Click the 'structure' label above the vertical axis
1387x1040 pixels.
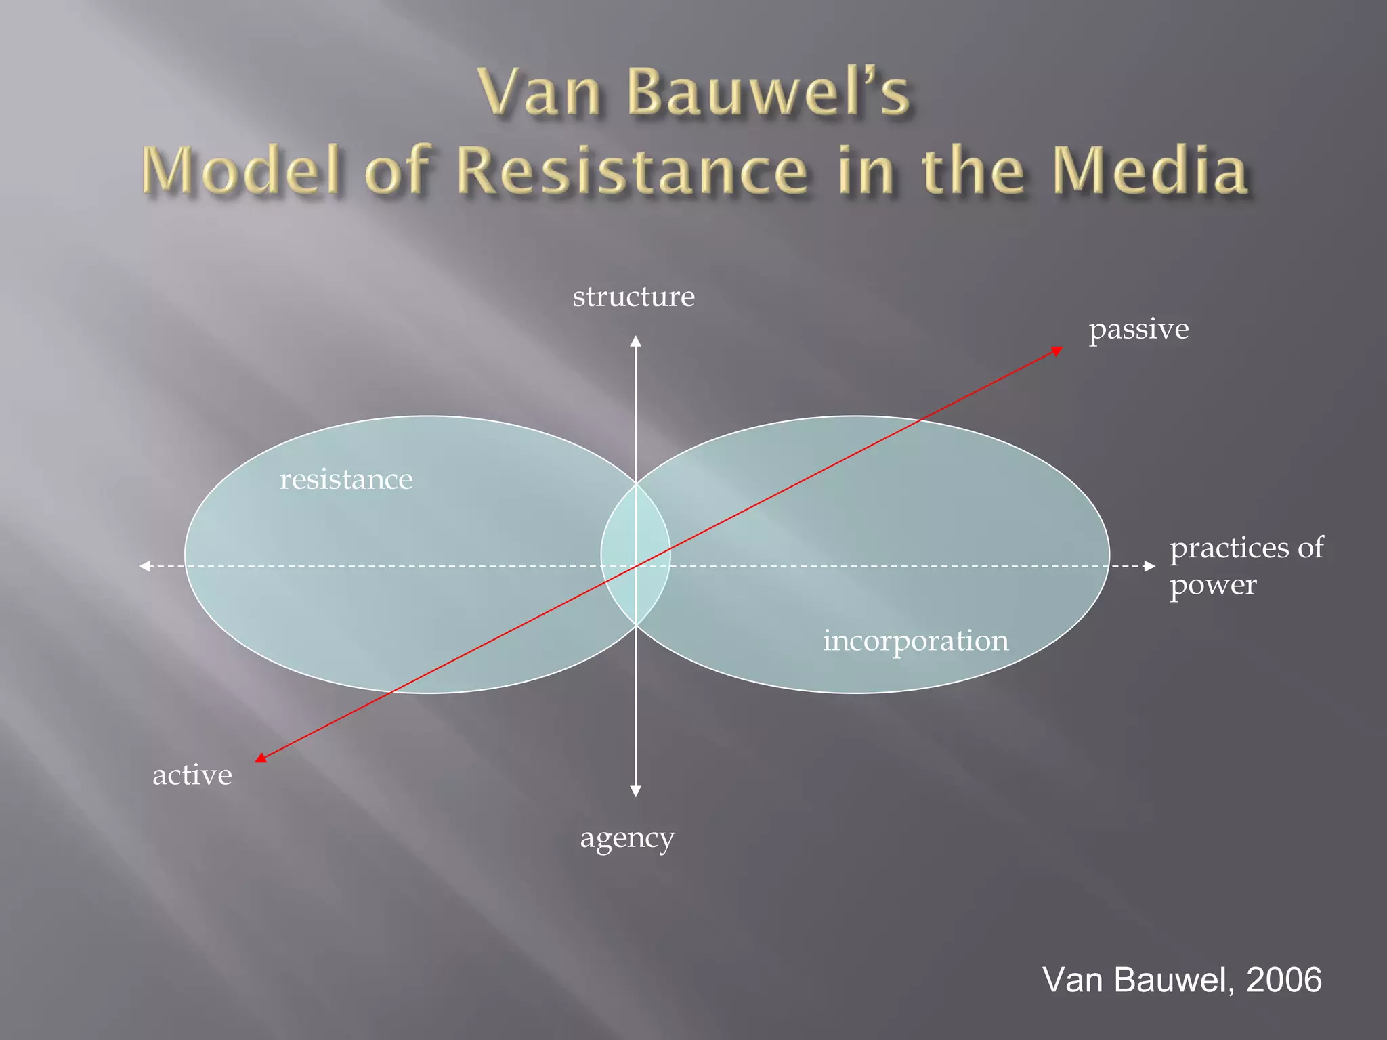(x=633, y=297)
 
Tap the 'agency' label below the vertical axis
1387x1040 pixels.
(x=627, y=838)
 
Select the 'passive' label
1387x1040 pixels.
(x=1138, y=329)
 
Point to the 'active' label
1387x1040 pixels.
(x=192, y=775)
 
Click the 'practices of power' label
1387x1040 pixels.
(x=1246, y=565)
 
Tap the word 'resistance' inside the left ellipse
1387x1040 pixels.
(x=346, y=479)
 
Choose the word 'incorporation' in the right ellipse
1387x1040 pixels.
(x=916, y=641)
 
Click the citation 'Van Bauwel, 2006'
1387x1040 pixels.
(x=1182, y=979)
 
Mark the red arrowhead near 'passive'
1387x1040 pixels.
(x=1057, y=350)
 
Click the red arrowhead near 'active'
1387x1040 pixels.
(x=261, y=758)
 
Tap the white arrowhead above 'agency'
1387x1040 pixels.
(x=635, y=792)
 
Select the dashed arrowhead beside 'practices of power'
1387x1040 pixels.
(x=1150, y=566)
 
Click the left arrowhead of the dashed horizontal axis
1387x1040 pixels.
(x=144, y=566)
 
